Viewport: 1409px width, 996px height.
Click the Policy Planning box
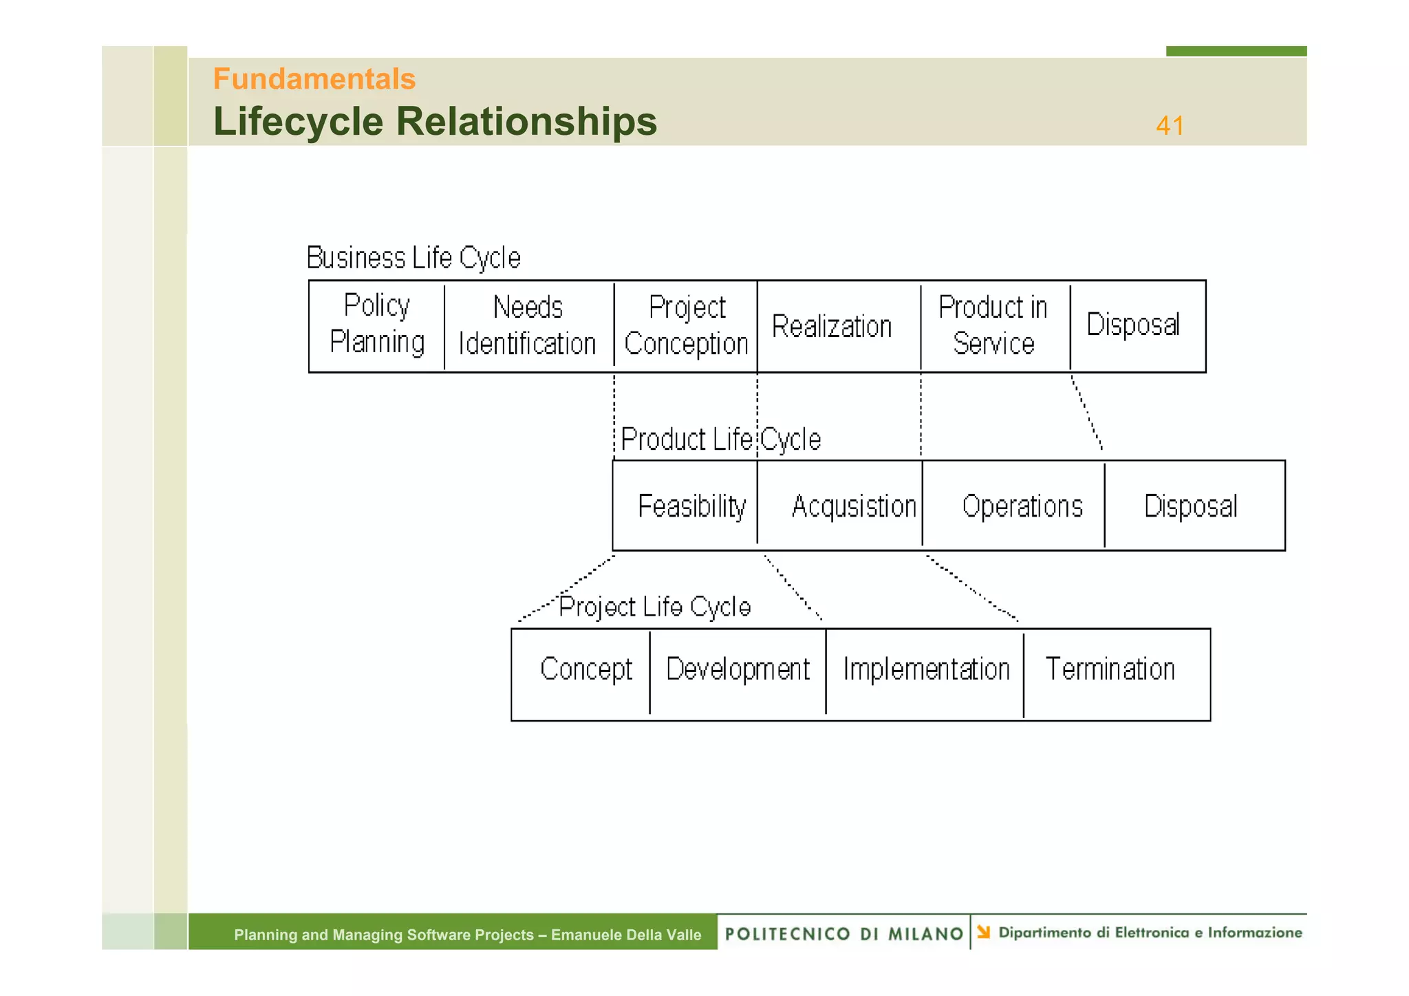click(376, 326)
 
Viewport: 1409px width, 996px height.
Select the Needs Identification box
click(528, 326)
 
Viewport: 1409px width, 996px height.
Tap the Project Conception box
click(686, 326)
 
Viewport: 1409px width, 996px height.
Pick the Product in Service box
click(995, 326)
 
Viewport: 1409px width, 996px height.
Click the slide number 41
click(1170, 126)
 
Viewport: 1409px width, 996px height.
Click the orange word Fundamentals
click(314, 79)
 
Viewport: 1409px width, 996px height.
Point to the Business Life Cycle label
click(413, 258)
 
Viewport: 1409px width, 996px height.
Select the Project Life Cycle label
click(654, 607)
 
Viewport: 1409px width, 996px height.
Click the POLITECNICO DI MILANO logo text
click(843, 933)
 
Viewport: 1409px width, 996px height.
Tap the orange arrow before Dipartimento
click(984, 932)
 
